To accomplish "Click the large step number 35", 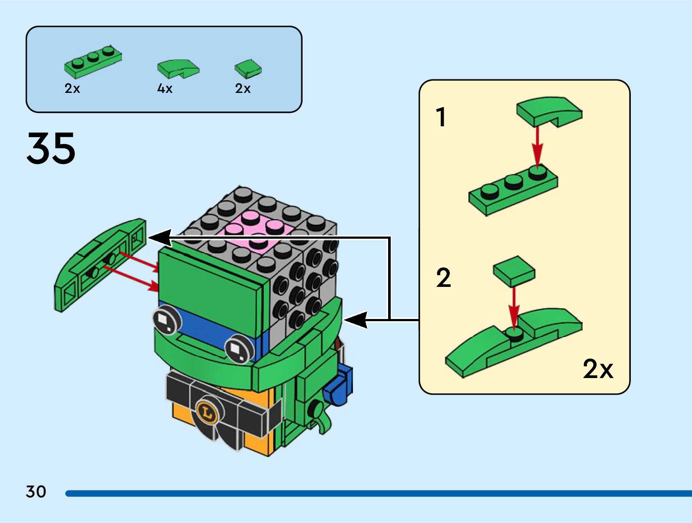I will tap(51, 148).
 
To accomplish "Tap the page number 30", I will tap(36, 492).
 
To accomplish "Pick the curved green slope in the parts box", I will tap(178, 68).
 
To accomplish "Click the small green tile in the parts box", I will tap(248, 69).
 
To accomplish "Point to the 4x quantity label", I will tap(165, 89).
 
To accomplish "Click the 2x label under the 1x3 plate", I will tap(72, 89).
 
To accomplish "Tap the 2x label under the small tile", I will tap(243, 89).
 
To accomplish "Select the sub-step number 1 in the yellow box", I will tap(441, 117).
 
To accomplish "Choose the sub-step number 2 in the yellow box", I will tap(443, 278).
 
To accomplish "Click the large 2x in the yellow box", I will tap(598, 369).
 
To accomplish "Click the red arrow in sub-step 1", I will tap(537, 145).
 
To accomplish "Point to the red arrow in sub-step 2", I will tap(514, 306).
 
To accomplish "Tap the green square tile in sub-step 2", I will tap(514, 270).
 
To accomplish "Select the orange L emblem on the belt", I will tap(207, 411).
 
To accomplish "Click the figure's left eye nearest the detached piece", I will tap(166, 320).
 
